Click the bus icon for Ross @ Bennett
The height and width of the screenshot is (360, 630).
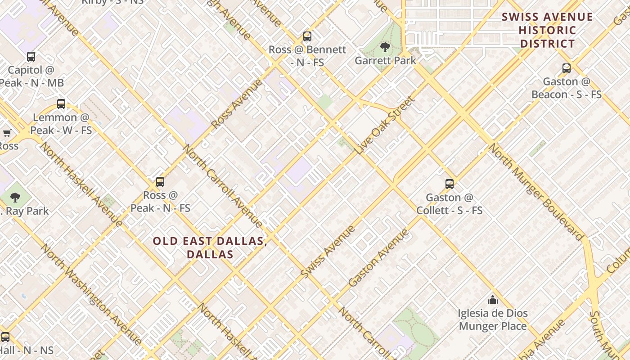pos(307,36)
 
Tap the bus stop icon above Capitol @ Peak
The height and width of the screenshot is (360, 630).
pos(31,57)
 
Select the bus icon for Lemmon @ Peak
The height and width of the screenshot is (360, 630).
pos(61,104)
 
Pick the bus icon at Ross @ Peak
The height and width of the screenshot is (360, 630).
pos(160,182)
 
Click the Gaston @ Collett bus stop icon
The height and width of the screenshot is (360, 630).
pos(450,184)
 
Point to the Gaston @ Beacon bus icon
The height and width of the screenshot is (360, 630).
pos(567,68)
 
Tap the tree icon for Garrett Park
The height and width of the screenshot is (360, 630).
pos(385,47)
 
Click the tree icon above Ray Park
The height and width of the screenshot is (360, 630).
pos(15,197)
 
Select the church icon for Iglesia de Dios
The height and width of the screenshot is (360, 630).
pos(493,300)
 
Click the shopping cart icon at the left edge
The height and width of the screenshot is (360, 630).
pos(7,133)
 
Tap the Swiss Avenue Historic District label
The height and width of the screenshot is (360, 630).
pos(547,31)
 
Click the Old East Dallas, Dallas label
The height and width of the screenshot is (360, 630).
pos(210,247)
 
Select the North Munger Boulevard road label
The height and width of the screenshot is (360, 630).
pos(535,192)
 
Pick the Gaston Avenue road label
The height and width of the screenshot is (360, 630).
pos(379,258)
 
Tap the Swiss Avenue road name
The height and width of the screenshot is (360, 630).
pos(328,252)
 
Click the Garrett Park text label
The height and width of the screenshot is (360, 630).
pos(385,60)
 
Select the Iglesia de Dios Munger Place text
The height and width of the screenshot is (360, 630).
pos(493,319)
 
